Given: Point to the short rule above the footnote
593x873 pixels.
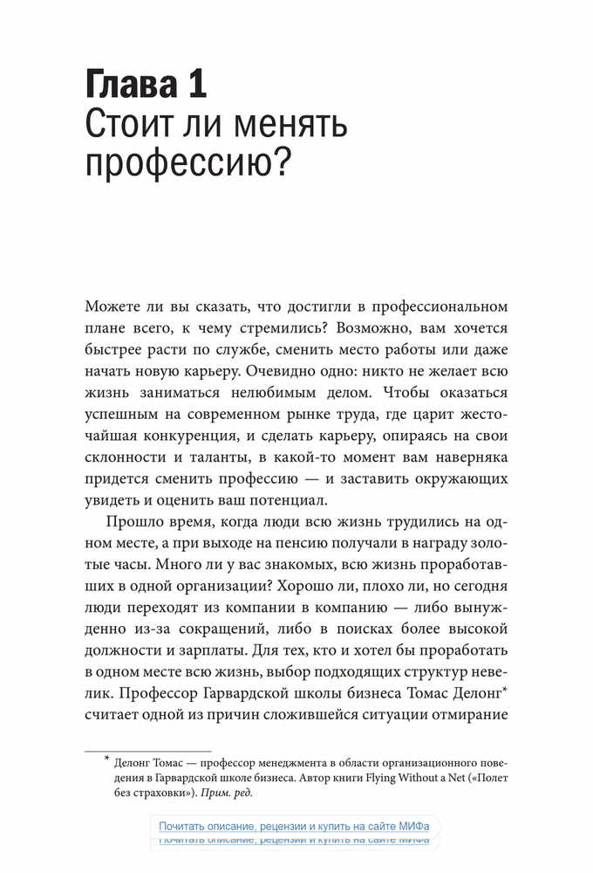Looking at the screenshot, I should click(147, 750).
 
